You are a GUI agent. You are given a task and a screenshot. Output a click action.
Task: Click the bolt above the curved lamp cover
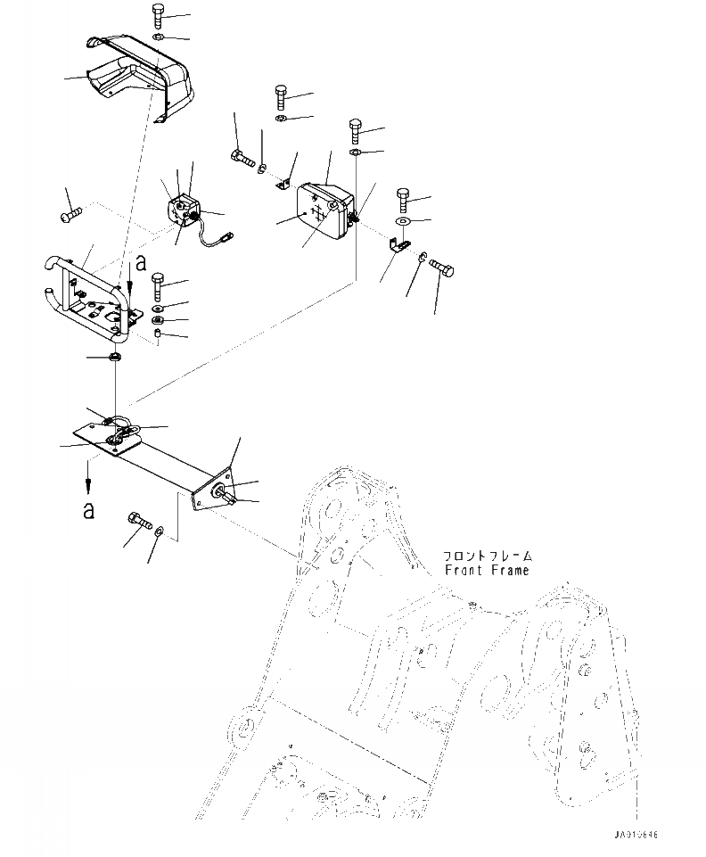158,14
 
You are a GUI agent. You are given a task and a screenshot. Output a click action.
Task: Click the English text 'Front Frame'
487,570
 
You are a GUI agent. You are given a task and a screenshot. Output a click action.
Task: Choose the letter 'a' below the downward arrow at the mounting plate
87,509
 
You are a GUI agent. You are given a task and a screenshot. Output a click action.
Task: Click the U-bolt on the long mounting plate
120,428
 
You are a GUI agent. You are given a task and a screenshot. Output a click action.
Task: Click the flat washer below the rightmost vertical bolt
403,221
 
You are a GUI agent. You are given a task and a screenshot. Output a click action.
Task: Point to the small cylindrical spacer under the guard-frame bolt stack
158,334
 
